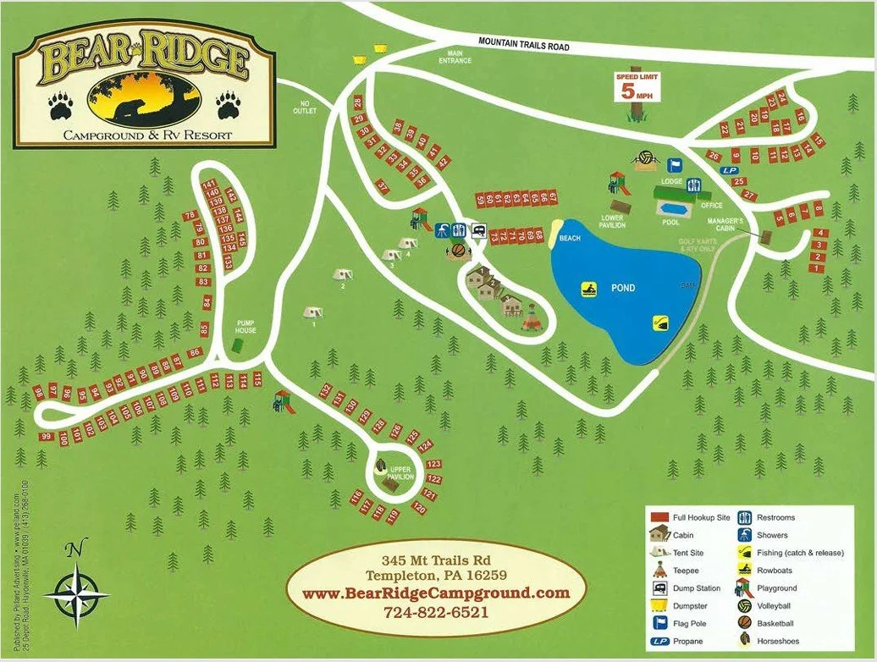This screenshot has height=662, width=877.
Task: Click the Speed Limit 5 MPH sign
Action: [x=637, y=87]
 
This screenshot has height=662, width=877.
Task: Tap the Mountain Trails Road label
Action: [x=523, y=43]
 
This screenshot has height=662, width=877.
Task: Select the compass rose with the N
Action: [x=75, y=593]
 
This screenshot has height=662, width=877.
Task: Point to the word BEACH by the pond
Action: [x=570, y=239]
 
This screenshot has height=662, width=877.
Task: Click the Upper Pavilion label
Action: [x=400, y=472]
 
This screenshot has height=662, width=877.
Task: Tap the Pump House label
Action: [x=245, y=326]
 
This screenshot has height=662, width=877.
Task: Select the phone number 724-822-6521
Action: [x=435, y=610]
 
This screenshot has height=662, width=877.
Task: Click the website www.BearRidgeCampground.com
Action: [x=435, y=593]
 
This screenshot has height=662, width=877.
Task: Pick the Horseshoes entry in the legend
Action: [x=777, y=641]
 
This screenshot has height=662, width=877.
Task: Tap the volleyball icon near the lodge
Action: [x=645, y=157]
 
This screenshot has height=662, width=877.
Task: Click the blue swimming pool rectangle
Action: [x=674, y=208]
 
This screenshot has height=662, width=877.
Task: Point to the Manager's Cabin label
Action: [x=725, y=225]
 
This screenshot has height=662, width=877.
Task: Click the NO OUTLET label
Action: [x=304, y=108]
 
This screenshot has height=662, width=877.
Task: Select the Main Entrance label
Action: [x=455, y=57]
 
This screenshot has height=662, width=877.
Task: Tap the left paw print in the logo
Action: [x=60, y=105]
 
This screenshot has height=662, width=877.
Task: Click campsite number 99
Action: [x=47, y=437]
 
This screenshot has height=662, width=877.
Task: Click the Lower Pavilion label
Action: [x=612, y=223]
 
